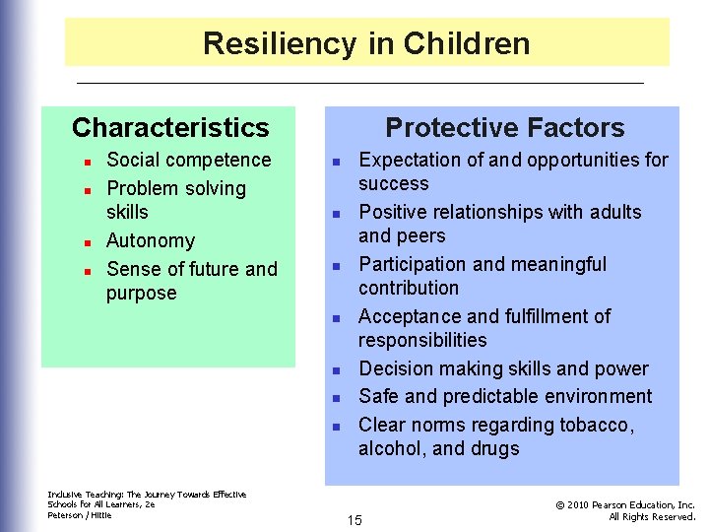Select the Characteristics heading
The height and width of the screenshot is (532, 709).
170,127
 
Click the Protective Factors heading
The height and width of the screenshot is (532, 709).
504,127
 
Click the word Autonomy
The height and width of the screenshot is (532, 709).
151,240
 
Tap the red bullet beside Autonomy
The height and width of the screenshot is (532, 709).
87,242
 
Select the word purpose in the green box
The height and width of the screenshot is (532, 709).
142,294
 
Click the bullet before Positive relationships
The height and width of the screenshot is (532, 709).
336,214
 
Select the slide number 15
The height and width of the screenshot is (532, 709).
354,519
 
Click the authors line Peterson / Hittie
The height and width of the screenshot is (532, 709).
80,515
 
